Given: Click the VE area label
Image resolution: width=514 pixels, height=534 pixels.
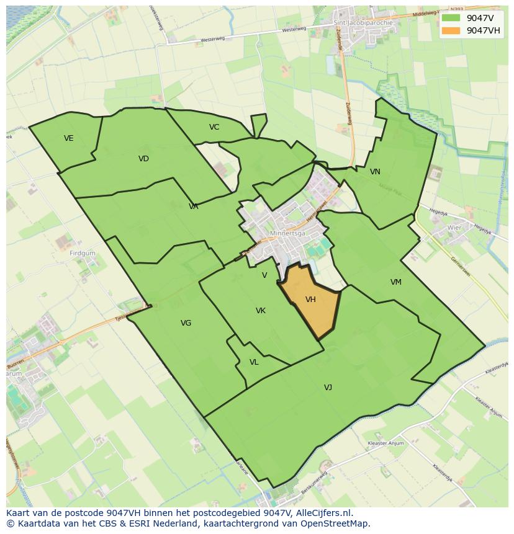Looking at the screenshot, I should click(68, 138).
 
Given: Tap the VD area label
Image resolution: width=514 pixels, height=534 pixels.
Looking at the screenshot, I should click(143, 159).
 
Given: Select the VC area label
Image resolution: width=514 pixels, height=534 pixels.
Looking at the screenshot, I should click(214, 127).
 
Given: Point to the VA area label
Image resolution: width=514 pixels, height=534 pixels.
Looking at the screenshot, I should click(194, 207).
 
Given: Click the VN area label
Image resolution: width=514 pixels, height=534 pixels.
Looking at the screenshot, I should click(375, 172).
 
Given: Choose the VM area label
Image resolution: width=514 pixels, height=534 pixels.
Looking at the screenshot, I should click(395, 282).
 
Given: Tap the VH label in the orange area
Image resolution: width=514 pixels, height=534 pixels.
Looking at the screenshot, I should click(311, 300).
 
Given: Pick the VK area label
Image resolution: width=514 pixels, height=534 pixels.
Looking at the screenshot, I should click(261, 311).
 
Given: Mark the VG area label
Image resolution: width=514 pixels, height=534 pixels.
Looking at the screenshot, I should click(186, 323).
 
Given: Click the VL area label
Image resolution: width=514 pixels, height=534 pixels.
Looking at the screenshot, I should click(254, 362).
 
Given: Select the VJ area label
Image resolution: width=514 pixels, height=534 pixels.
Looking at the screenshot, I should click(328, 388).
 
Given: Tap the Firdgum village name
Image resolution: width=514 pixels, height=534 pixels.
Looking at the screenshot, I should click(83, 254).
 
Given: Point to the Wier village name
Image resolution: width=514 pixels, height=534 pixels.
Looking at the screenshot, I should click(455, 228).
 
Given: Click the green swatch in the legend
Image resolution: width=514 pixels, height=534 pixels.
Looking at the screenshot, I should click(452, 18).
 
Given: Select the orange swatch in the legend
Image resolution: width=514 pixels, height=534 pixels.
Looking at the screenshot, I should click(452, 30).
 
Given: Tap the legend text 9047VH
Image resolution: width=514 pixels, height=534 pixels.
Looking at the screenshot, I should click(483, 30).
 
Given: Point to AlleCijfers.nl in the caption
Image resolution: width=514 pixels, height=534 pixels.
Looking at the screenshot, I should click(323, 513).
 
